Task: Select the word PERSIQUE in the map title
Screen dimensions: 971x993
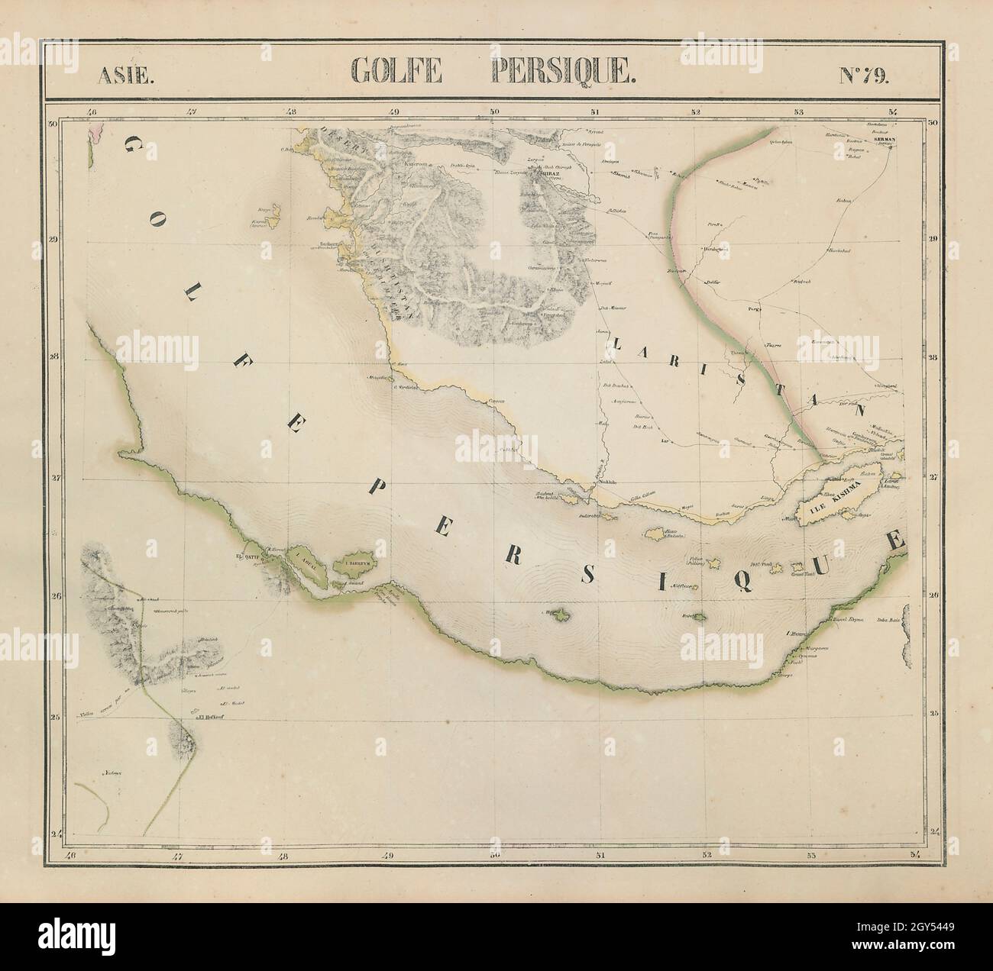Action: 561,71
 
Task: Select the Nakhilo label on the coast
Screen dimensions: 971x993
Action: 605,482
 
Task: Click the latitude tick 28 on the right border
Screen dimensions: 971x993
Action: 933,356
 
